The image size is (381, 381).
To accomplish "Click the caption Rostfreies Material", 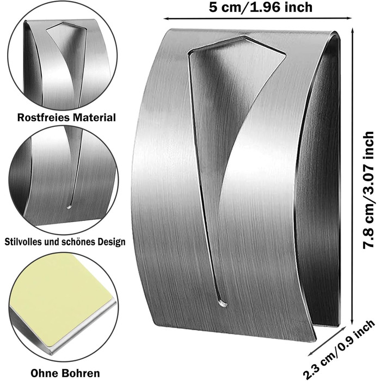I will pyautogui.click(x=66, y=117).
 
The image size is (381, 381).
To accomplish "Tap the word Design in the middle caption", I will pyautogui.click(x=110, y=241).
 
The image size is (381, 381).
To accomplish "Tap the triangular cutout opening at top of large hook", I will pyautogui.click(x=234, y=60).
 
